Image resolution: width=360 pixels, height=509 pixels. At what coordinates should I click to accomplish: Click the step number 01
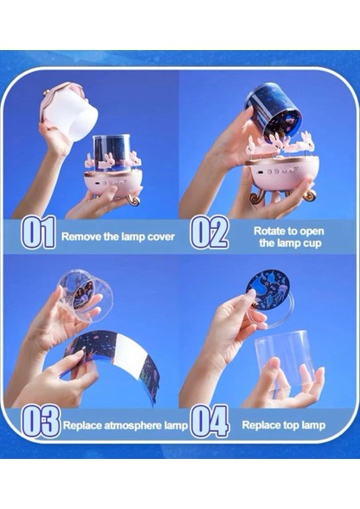pos(38,232)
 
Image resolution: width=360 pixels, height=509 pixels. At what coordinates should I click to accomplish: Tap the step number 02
pos(209,232)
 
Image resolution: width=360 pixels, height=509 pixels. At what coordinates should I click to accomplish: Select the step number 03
pos(41,421)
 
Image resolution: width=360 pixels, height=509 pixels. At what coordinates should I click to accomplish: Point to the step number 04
pos(210,421)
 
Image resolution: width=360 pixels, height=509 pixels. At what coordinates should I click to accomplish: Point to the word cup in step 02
pos(312,243)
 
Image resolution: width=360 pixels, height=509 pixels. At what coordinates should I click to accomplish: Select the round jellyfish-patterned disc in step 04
pos(267,287)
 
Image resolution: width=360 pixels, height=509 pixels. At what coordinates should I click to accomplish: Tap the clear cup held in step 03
pos(85,300)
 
